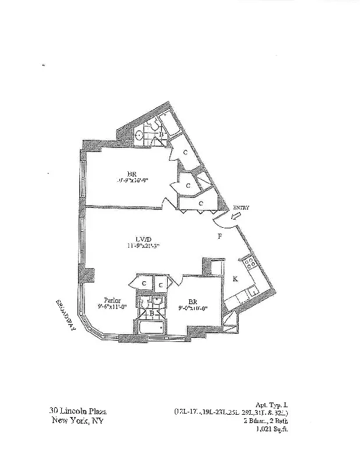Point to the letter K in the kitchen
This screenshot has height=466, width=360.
pyautogui.click(x=235, y=279)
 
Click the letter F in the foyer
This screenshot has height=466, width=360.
pyautogui.click(x=220, y=236)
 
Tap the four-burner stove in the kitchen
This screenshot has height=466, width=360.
pyautogui.click(x=249, y=263)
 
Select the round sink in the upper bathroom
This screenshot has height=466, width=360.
pyautogui.click(x=140, y=135)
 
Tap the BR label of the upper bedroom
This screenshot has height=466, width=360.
pyautogui.click(x=132, y=172)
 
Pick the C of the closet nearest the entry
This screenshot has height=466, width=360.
pyautogui.click(x=200, y=203)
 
